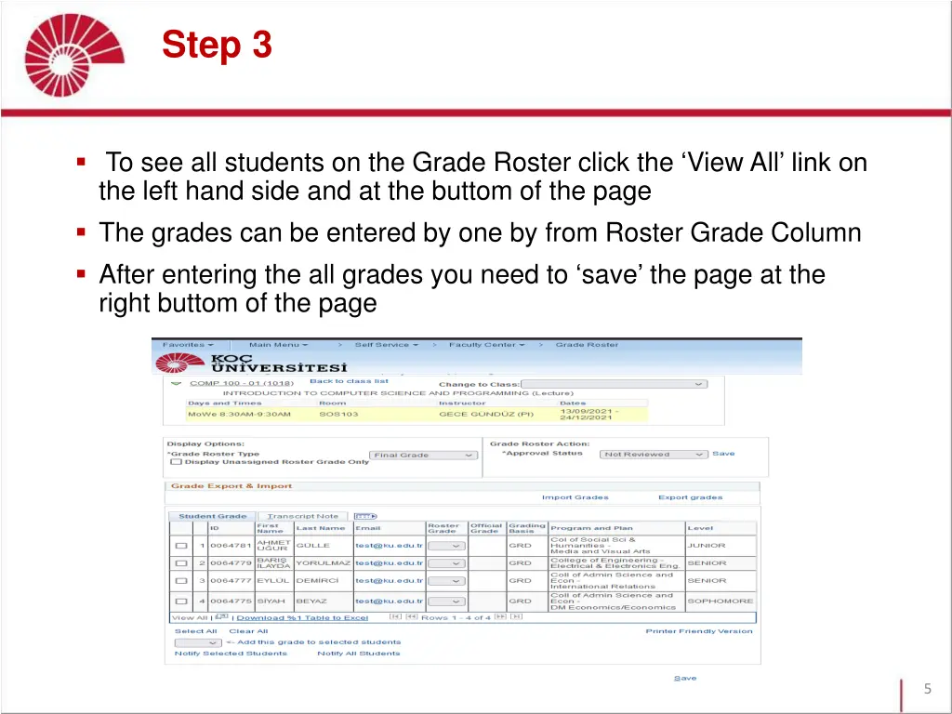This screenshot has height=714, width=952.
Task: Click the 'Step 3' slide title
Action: (x=217, y=44)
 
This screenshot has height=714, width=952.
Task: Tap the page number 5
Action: (x=927, y=689)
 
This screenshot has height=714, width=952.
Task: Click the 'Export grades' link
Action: (x=690, y=497)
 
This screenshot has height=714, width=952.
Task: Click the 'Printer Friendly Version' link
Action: (x=698, y=631)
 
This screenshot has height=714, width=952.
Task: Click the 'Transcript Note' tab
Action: (x=302, y=516)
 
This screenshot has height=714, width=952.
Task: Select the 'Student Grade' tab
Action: (x=213, y=516)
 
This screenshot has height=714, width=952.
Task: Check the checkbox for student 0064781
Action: (x=181, y=546)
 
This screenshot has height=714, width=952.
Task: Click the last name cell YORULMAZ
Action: (x=323, y=563)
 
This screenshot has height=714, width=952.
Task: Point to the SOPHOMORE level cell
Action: (x=720, y=602)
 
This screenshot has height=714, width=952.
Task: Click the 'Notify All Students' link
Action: (x=358, y=654)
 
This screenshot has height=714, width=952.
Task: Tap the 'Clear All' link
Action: (x=248, y=631)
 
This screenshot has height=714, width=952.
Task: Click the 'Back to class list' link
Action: (x=349, y=381)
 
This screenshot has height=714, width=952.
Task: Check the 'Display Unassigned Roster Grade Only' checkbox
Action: (x=176, y=462)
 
